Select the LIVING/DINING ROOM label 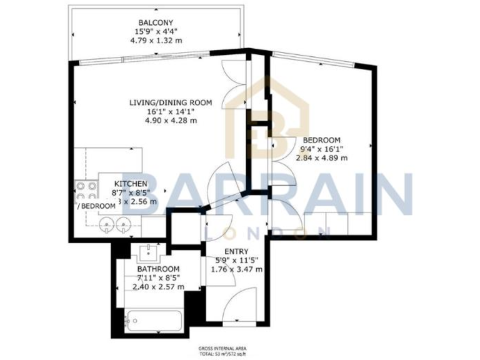coord(171,102)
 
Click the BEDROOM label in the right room coord(322,139)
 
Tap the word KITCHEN coord(130,183)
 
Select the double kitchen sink coord(115,224)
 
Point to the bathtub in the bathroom coord(152,321)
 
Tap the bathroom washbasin coord(149,252)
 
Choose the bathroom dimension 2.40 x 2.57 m coord(158,287)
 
